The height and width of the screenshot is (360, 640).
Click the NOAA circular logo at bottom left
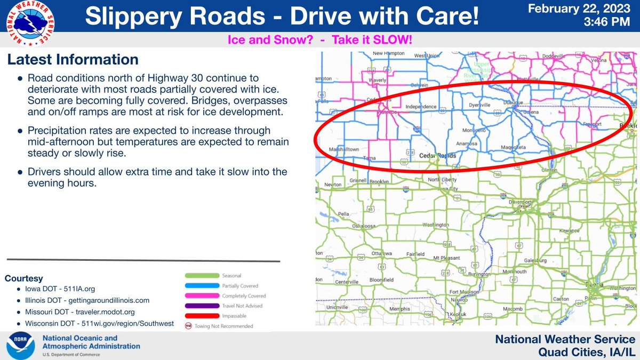21,346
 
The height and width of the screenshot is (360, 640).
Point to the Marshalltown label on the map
343,149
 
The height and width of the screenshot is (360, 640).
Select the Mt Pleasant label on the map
446,258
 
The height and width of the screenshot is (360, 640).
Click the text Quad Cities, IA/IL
586,350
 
